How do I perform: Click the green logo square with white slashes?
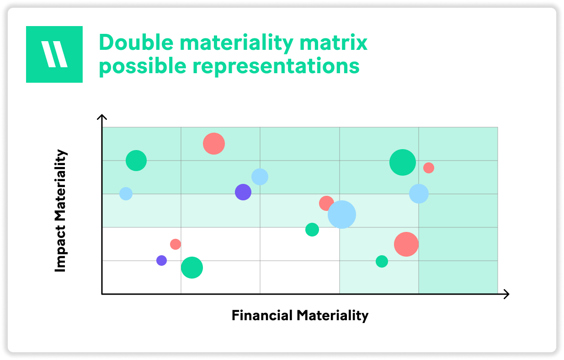[54, 54]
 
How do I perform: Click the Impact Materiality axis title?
[60, 211]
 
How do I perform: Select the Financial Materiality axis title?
[300, 316]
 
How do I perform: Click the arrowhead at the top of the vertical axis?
[102, 118]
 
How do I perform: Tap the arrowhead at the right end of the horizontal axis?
[506, 294]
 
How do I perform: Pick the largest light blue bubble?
[342, 215]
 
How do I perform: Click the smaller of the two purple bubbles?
[161, 261]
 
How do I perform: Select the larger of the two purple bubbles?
[243, 192]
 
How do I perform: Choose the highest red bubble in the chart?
[214, 144]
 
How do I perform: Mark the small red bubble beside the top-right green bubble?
[428, 168]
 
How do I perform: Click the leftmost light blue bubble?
[126, 194]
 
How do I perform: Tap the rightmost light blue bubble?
[419, 194]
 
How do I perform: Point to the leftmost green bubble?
[136, 161]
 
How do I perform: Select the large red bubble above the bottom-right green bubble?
[406, 244]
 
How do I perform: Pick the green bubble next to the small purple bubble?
[192, 268]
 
